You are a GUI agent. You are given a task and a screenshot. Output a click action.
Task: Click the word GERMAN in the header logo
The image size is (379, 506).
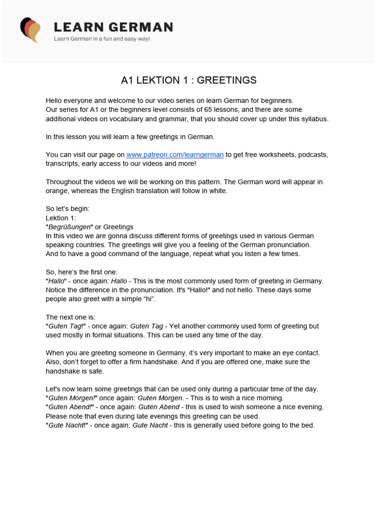[x=141, y=27]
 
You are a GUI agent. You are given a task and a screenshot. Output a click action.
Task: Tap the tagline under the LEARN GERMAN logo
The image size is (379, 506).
[x=102, y=39]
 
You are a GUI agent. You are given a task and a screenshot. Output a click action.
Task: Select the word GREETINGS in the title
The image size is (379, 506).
[x=228, y=80]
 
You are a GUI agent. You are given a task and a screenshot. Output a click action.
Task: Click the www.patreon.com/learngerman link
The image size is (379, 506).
[x=175, y=155]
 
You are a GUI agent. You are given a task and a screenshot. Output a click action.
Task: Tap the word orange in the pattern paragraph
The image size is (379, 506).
[x=56, y=191]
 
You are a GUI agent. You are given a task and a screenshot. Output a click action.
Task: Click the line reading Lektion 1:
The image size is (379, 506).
[x=61, y=218]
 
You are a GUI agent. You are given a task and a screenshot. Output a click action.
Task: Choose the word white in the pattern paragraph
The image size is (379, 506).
[x=217, y=191]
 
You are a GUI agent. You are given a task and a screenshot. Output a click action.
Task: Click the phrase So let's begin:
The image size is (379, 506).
[x=68, y=209]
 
